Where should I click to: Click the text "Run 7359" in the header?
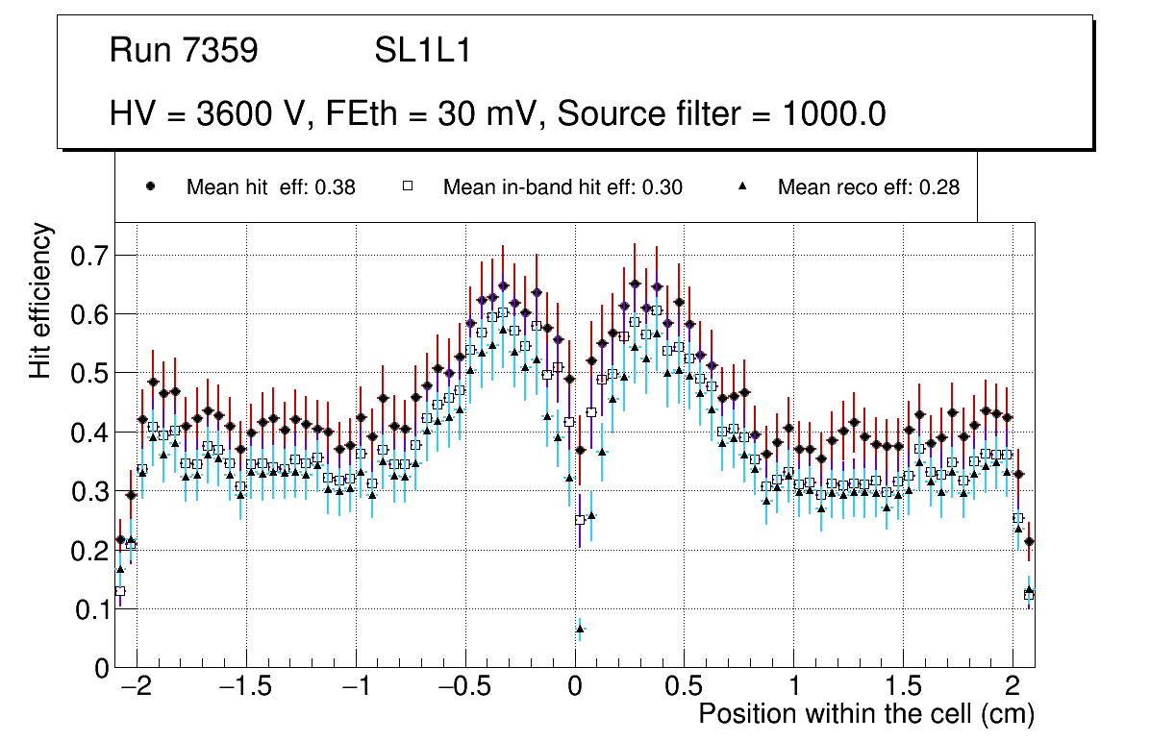(184, 51)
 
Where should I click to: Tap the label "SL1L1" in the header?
(423, 51)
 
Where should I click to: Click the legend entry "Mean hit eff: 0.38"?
(270, 187)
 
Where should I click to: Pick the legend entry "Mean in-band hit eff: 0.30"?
(562, 187)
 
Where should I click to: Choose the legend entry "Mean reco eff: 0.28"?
(868, 187)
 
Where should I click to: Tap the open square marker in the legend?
(407, 187)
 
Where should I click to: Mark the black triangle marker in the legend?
(742, 187)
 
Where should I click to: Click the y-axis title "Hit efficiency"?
(41, 300)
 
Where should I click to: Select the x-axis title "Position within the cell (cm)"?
(865, 714)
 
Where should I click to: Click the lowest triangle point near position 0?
(580, 630)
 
